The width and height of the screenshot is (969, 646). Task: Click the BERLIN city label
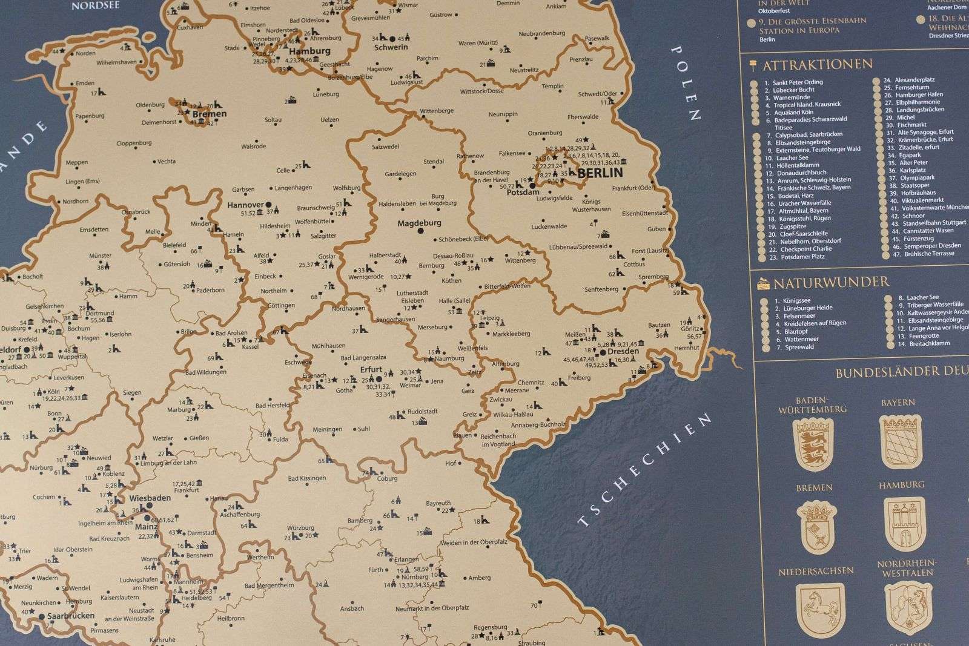coord(600,173)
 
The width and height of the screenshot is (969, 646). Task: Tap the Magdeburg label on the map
coord(419,223)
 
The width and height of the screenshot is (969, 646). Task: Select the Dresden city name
coord(623,351)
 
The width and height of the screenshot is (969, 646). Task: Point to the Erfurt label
coord(371,369)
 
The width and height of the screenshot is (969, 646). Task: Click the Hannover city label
coord(245,205)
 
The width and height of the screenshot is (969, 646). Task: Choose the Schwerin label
coord(391,47)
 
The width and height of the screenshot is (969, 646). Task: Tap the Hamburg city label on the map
coord(309,51)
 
